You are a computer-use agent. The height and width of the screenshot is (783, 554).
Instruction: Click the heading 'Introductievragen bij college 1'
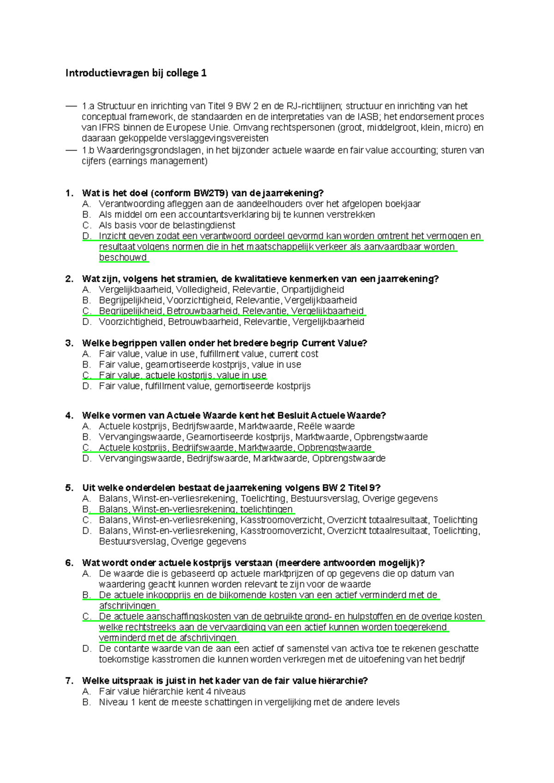click(x=136, y=73)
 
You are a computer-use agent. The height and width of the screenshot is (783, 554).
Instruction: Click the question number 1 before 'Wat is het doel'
click(x=69, y=193)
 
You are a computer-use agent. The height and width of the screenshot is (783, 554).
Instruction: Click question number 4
click(x=69, y=416)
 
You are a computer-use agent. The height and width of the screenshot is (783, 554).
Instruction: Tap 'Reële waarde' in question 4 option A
click(x=326, y=426)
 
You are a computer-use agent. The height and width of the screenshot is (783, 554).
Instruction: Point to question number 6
click(x=69, y=563)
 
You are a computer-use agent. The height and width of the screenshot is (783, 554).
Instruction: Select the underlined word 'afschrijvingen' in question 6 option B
click(x=128, y=606)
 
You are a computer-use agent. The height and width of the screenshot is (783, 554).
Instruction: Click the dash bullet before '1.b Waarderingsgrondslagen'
click(x=71, y=150)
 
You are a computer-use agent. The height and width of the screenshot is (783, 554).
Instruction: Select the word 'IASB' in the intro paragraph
click(x=368, y=117)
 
